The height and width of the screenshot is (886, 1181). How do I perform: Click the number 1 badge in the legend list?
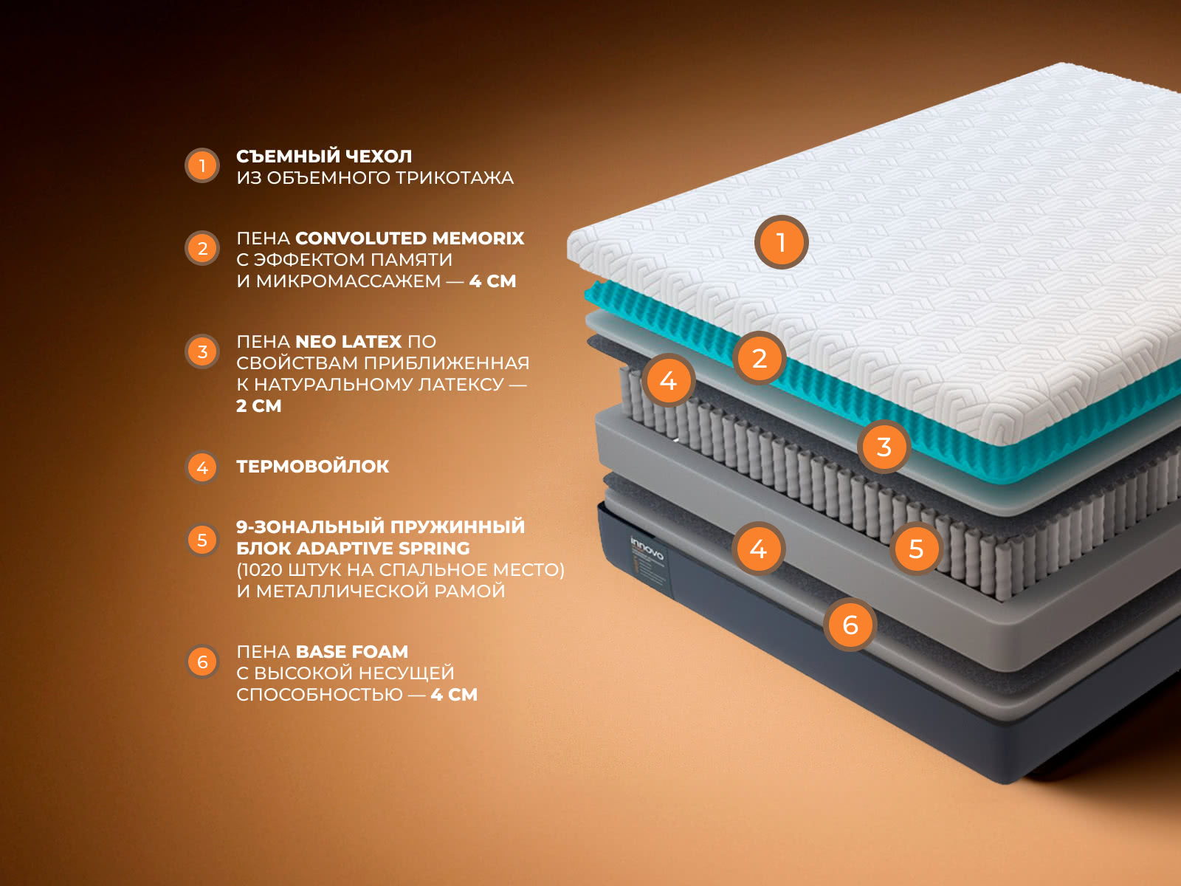pyautogui.click(x=202, y=165)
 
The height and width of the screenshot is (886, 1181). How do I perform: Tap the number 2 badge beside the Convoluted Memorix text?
pyautogui.click(x=202, y=249)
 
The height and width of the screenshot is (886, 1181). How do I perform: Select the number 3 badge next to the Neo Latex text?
pyautogui.click(x=202, y=352)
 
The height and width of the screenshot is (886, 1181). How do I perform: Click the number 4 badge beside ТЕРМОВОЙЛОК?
pyautogui.click(x=202, y=467)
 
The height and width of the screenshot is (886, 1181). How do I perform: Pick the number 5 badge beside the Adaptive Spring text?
pyautogui.click(x=202, y=540)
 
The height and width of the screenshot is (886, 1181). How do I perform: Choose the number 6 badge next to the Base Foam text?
pyautogui.click(x=202, y=662)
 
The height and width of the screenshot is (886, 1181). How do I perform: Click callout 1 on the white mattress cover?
pyautogui.click(x=781, y=242)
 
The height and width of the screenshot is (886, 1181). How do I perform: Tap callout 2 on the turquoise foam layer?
pyautogui.click(x=760, y=358)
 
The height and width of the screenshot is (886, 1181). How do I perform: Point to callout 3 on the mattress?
pyautogui.click(x=884, y=447)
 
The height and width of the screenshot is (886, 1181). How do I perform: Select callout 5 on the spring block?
pyautogui.click(x=916, y=549)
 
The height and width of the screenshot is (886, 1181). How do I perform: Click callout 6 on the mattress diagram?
pyautogui.click(x=850, y=625)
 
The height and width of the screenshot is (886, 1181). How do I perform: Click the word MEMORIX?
pyautogui.click(x=478, y=238)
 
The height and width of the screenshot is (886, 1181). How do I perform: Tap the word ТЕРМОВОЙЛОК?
pyautogui.click(x=313, y=467)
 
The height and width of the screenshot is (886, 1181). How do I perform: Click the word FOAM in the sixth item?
pyautogui.click(x=379, y=651)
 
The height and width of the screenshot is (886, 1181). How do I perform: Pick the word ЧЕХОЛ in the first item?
pyautogui.click(x=378, y=157)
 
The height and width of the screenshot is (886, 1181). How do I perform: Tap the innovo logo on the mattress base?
pyautogui.click(x=647, y=548)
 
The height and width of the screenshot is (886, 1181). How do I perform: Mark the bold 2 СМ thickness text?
pyautogui.click(x=259, y=405)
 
